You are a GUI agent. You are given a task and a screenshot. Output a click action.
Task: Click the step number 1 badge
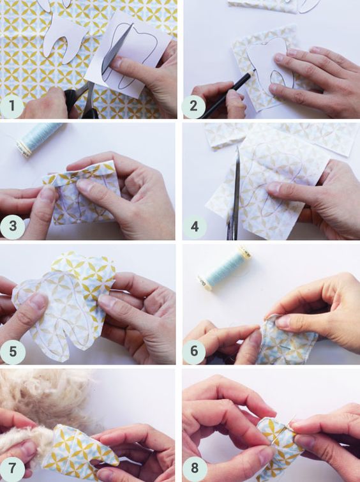pos(11,106)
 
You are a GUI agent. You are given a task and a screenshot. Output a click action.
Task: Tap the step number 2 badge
pos(193,106)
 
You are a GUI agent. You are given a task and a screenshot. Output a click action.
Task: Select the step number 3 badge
pos(12,226)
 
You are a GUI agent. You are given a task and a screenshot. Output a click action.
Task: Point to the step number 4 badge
pos(194,227)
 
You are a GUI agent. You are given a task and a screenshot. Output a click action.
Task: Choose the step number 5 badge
pos(12,352)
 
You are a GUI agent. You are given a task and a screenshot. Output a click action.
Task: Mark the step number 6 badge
pos(194,351)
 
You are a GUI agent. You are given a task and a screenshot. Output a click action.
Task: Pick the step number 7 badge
pos(11,469)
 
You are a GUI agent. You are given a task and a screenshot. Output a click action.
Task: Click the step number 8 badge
pos(194,469)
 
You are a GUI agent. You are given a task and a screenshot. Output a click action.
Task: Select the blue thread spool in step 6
pos(225,268)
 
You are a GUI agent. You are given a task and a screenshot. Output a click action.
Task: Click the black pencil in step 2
pos(227,94)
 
